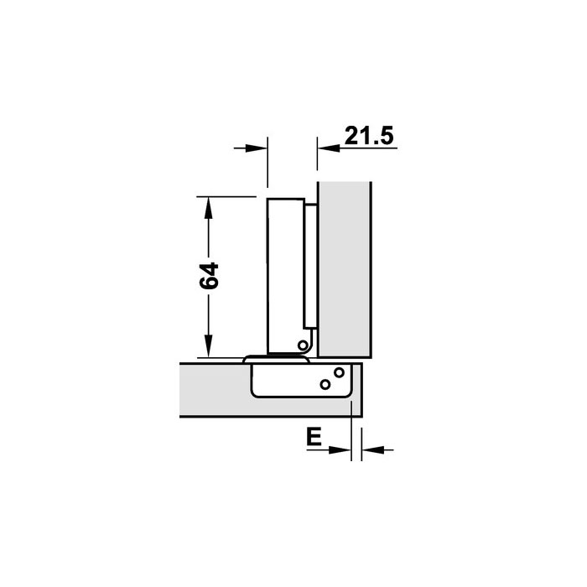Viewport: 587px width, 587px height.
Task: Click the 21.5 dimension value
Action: (369, 136)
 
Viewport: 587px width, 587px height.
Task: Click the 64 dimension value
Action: (209, 276)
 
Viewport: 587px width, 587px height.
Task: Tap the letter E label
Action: (314, 437)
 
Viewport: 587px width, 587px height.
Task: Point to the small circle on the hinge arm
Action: (303, 345)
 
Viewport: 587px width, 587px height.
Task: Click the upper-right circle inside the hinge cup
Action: (339, 372)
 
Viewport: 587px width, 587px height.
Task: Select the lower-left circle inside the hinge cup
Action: (325, 384)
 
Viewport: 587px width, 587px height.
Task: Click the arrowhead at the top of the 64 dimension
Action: (209, 208)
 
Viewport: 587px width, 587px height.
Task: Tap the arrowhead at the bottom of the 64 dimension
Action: (209, 346)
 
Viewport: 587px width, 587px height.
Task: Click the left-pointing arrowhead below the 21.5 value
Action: (329, 148)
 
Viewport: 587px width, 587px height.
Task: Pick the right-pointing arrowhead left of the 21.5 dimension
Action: (257, 148)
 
